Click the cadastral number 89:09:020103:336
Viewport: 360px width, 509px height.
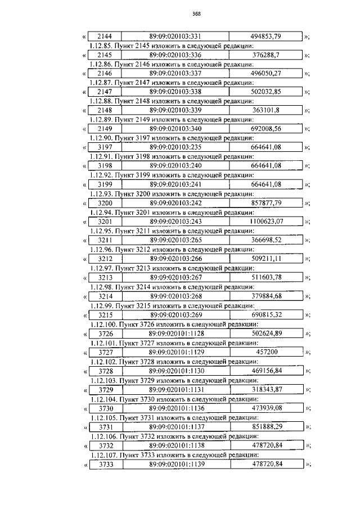(176, 55)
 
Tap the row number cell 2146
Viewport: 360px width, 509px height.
(105, 74)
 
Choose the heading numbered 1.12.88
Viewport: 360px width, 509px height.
(172, 101)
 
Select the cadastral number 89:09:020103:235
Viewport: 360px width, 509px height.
(176, 147)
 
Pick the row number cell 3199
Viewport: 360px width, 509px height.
(105, 184)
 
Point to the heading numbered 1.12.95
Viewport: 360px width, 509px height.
(172, 231)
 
